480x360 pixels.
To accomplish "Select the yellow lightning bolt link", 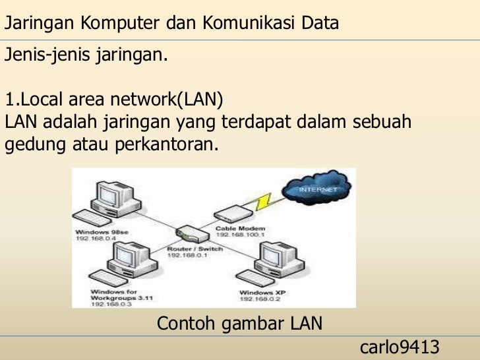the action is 266,203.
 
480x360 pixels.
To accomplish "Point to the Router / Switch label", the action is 195,249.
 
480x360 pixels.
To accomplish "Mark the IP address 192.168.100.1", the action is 240,234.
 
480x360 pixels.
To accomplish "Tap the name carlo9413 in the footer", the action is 400,347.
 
